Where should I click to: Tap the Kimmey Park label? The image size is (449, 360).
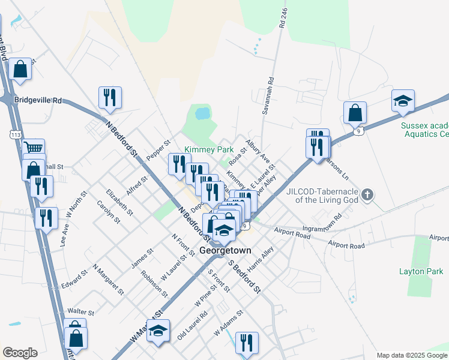point(208,149)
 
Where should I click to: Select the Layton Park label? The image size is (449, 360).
point(421,271)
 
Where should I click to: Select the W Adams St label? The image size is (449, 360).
point(228,322)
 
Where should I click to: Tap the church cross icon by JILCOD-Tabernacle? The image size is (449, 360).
point(369,194)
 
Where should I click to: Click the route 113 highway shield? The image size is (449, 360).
point(16,135)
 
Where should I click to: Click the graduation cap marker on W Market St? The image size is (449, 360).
point(158,331)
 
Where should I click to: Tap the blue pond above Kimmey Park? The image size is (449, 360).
point(202,113)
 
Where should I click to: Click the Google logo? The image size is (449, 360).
point(20,353)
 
